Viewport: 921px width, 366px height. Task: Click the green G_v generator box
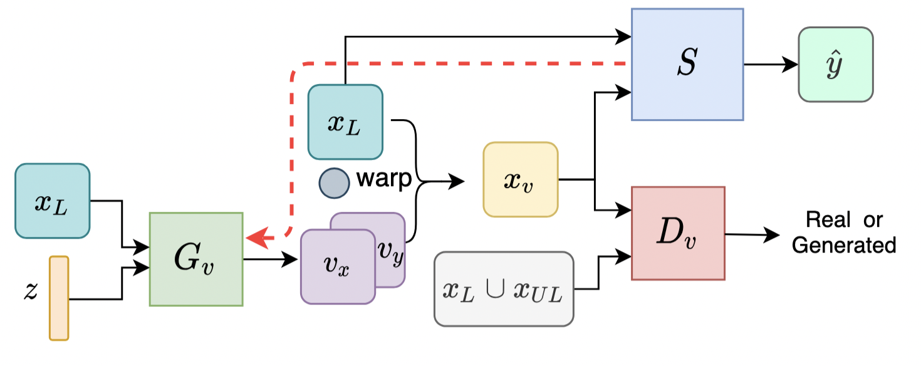[x=195, y=259]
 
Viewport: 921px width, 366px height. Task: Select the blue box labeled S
[x=687, y=64]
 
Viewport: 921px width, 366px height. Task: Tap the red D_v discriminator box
[x=678, y=233]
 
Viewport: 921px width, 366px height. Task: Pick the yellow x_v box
[x=520, y=179]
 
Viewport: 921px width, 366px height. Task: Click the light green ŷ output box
[x=835, y=64]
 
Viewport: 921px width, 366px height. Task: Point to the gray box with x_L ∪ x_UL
[x=504, y=289]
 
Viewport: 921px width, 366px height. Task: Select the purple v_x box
[x=337, y=266]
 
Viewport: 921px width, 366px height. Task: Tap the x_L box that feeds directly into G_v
[x=53, y=201]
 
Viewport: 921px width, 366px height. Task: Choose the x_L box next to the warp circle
[x=345, y=122]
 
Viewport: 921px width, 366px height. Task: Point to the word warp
[x=383, y=179]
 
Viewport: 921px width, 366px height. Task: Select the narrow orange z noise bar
[x=59, y=298]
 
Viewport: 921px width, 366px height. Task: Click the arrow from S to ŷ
[x=771, y=64]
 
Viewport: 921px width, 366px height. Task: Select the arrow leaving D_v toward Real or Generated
[x=752, y=234]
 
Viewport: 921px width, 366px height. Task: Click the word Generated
[x=843, y=244]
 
